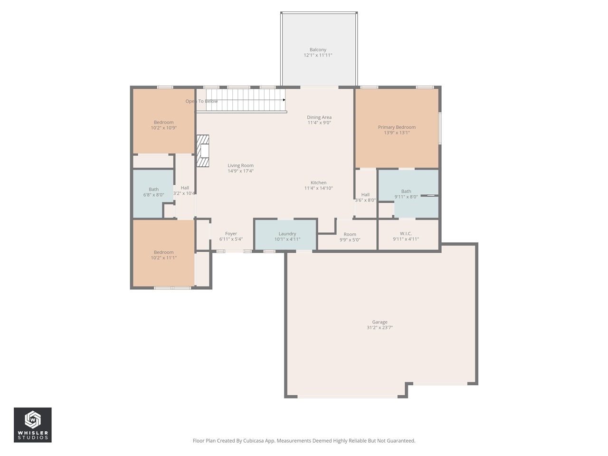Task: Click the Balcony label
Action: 318,50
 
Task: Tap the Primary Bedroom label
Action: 397,127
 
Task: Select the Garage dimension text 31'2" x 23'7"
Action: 380,328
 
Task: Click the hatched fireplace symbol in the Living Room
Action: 203,151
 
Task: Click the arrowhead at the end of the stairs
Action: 284,100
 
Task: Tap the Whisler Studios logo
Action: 33,425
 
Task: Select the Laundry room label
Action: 287,234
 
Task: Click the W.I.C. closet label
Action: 406,234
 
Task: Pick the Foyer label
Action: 231,234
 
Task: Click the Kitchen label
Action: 318,183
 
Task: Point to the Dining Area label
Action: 319,117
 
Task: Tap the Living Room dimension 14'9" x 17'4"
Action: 240,171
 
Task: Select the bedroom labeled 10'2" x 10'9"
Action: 163,125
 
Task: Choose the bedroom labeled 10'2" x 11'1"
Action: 163,255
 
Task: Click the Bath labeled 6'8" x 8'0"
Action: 153,192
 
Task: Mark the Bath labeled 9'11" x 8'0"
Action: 406,194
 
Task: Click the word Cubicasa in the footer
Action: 254,441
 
